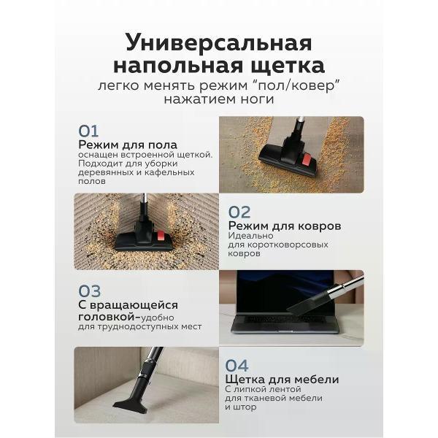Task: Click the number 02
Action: (239, 212)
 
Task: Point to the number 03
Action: (89, 292)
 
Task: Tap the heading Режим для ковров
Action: (284, 226)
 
